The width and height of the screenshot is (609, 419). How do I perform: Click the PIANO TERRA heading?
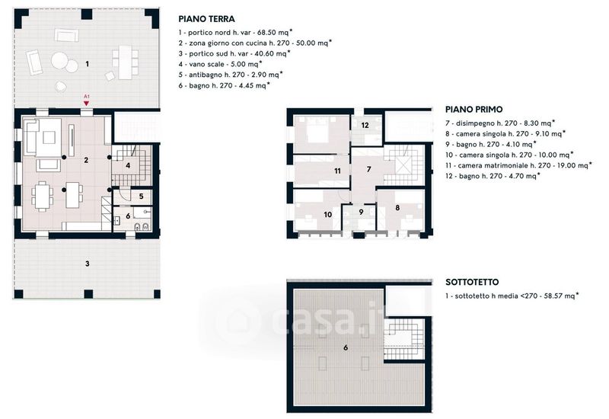tap(206, 18)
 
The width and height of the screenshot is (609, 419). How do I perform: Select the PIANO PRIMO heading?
tap(473, 109)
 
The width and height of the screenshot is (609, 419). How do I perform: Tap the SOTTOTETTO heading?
tap(472, 282)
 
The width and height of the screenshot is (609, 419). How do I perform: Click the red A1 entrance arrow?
tap(87, 103)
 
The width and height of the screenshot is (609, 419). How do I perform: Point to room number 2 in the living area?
tap(86, 160)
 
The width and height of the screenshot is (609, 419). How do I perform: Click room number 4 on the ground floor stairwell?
tap(128, 165)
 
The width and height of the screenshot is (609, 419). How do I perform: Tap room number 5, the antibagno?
tap(141, 197)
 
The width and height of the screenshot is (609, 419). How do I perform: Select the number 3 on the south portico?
tap(88, 264)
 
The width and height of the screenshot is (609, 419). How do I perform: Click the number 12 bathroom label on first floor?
tap(365, 125)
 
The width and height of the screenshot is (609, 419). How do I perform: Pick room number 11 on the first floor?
tap(337, 171)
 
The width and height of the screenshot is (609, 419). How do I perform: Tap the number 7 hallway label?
tap(368, 169)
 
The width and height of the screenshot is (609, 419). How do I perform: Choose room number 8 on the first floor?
tap(397, 207)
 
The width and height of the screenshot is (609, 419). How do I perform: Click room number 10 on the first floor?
tap(328, 215)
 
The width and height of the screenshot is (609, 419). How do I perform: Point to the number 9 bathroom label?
tap(361, 212)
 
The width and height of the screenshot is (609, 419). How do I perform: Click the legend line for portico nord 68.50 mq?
tap(235, 32)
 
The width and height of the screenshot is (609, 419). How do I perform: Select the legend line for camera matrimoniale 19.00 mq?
tap(518, 165)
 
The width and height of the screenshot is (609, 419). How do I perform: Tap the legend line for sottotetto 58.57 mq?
tap(512, 296)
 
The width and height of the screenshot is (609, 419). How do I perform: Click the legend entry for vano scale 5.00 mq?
tap(220, 64)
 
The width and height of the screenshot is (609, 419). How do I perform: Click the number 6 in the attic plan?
tap(346, 347)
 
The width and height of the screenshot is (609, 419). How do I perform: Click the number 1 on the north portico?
tap(87, 64)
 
